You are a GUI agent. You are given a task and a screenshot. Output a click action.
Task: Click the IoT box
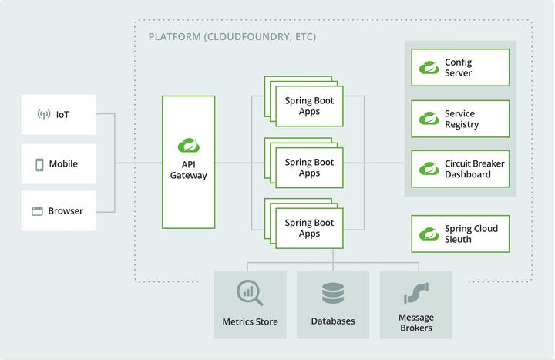59,115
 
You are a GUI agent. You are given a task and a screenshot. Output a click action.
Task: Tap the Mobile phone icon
39,164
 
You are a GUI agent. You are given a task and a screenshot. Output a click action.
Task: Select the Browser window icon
37,211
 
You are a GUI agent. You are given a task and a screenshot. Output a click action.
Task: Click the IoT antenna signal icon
44,115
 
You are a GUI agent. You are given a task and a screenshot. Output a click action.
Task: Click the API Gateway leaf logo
188,144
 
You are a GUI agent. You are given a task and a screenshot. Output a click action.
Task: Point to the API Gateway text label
189,170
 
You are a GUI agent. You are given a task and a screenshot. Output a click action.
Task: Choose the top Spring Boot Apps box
309,106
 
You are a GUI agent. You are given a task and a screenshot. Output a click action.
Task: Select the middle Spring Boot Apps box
309,168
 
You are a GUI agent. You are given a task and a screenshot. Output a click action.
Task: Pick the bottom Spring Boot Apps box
309,228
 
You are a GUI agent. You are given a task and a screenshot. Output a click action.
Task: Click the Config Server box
460,68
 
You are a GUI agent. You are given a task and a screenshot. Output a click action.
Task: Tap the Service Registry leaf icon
429,119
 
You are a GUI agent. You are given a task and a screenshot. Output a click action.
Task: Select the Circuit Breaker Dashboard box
460,169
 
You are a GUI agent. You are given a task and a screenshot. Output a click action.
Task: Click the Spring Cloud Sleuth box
460,234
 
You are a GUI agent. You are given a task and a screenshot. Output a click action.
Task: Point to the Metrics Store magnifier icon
250,293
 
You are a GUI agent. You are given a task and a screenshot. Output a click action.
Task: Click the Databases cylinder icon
333,293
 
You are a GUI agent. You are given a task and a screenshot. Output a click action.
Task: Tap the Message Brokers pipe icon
415,293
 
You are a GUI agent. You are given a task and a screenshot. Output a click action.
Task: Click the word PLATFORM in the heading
174,37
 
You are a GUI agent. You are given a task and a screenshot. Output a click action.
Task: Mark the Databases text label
333,321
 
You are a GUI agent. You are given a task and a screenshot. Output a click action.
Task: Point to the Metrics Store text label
250,321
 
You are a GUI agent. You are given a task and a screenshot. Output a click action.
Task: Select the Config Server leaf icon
429,68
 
